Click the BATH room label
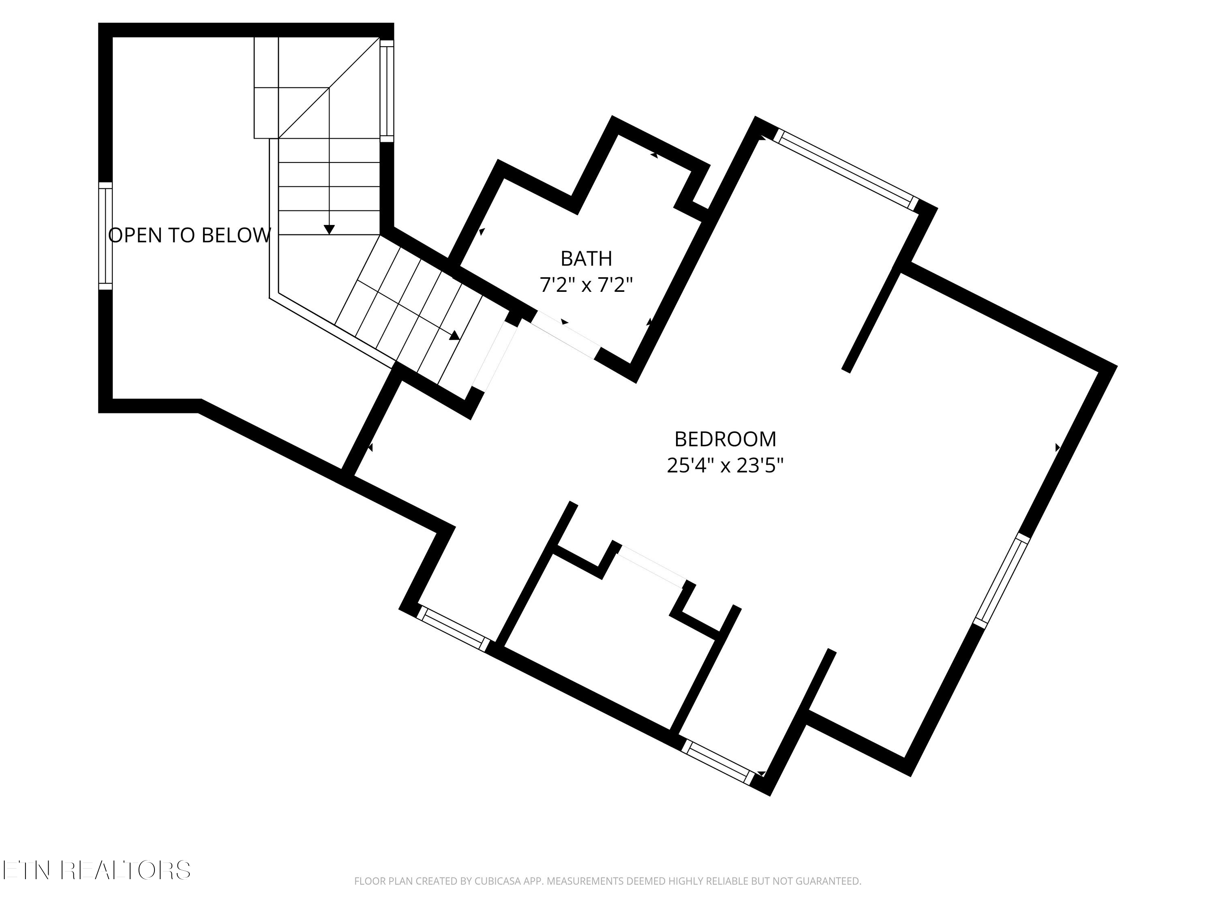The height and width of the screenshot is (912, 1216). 586,258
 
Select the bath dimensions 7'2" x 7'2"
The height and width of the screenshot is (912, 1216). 586,285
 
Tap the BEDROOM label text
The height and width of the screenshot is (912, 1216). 725,439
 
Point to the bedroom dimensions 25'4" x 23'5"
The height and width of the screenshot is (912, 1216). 725,466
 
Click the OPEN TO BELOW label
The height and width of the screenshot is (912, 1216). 189,235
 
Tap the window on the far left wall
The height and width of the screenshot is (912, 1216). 105,236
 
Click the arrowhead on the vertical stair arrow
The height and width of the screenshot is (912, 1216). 329,230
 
